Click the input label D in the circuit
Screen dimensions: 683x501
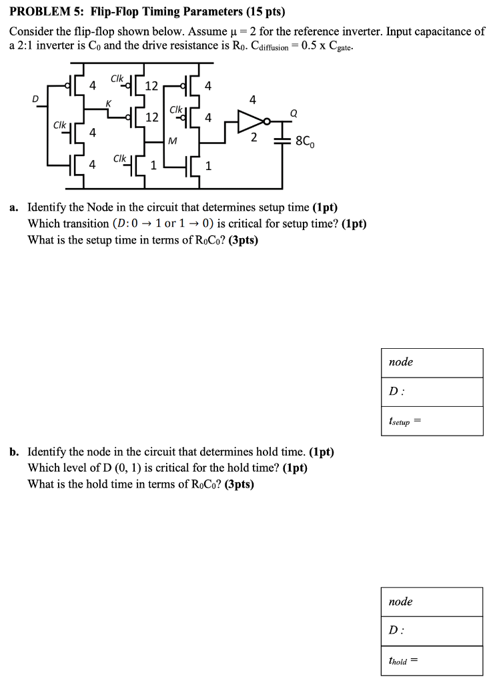[x=36, y=99]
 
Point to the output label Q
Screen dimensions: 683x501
[x=292, y=113]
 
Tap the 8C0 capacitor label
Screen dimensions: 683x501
[x=308, y=142]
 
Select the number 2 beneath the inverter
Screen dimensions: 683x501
[x=254, y=138]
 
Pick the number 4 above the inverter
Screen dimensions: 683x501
[x=252, y=100]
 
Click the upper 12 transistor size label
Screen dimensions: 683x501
[x=151, y=85]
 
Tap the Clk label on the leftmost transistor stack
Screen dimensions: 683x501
[x=59, y=125]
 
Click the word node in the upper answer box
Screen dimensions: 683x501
[x=401, y=362]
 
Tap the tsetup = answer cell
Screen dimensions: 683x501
[x=432, y=421]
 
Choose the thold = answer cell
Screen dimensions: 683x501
[x=432, y=661]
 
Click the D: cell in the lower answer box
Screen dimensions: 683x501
[x=432, y=631]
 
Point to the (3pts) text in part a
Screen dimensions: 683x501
[x=243, y=240]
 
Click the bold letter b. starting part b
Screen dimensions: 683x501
[x=14, y=452]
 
